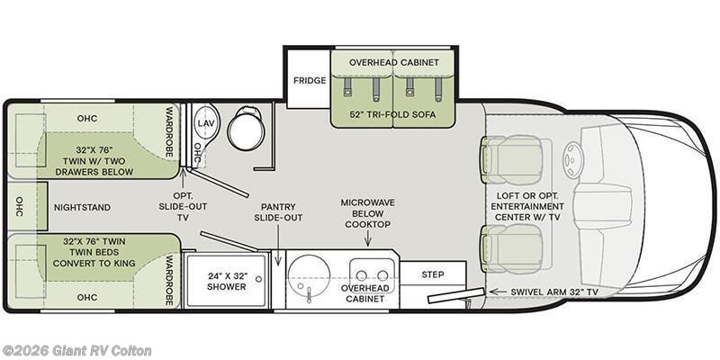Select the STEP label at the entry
click(432, 274)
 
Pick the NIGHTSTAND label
click(82, 207)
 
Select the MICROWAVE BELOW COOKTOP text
click(367, 212)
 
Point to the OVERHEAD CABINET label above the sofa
click(392, 62)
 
